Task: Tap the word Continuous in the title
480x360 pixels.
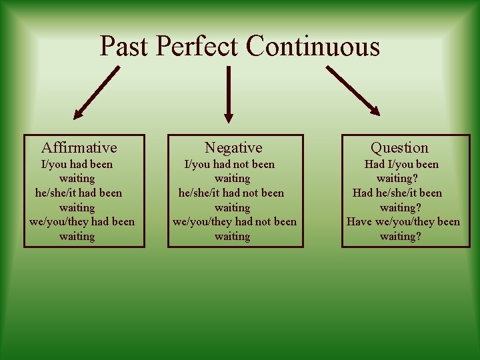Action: click(312, 47)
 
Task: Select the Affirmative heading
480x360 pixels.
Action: click(79, 147)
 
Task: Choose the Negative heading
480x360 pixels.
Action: click(233, 147)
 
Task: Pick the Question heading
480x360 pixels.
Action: click(399, 147)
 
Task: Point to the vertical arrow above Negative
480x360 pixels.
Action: click(229, 93)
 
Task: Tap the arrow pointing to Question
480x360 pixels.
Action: click(353, 90)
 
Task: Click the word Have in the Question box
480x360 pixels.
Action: click(359, 222)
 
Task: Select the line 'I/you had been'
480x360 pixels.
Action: click(77, 164)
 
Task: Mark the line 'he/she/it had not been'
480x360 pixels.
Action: click(231, 193)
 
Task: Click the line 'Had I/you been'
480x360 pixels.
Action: click(401, 164)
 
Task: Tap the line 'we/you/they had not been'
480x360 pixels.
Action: click(235, 222)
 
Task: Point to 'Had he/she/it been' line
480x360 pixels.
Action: click(397, 193)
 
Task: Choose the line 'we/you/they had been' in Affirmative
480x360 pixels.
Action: click(82, 222)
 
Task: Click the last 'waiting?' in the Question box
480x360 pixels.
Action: click(400, 237)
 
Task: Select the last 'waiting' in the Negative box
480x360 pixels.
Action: click(232, 237)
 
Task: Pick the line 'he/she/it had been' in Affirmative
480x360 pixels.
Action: click(79, 193)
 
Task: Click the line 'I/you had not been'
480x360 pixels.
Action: click(229, 164)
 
